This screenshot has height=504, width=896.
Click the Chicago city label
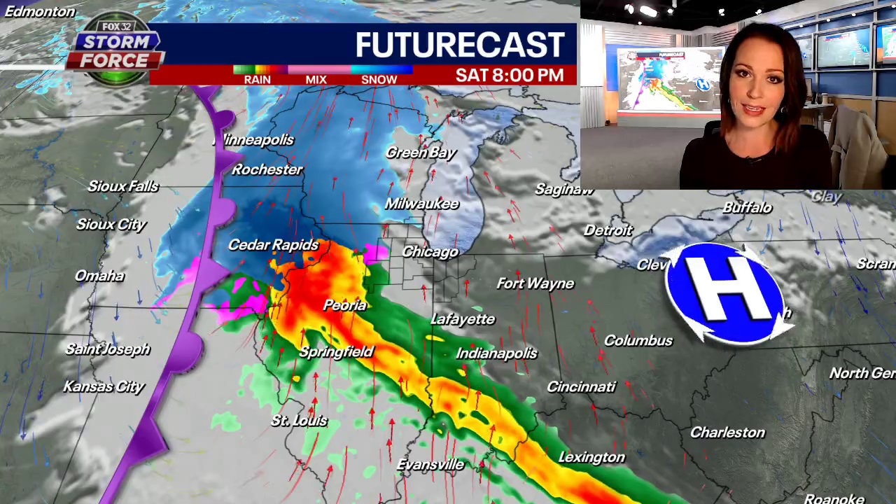click(x=430, y=252)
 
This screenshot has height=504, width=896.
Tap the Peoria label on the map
click(x=345, y=305)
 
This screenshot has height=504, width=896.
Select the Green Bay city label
click(x=421, y=153)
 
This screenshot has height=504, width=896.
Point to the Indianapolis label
click(x=496, y=353)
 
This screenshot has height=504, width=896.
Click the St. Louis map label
click(x=299, y=421)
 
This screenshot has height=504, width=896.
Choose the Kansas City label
click(x=104, y=386)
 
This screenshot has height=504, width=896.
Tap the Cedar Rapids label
click(x=273, y=245)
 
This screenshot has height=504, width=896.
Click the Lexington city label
click(x=591, y=457)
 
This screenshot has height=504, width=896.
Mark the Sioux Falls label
click(x=123, y=186)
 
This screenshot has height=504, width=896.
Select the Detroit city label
click(x=608, y=230)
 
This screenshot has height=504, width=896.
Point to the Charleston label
click(x=727, y=433)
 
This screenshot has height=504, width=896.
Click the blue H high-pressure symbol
click(x=724, y=293)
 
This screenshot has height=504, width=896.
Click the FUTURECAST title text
click(x=460, y=45)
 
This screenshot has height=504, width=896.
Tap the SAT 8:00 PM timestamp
click(x=509, y=76)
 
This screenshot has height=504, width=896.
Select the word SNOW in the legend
click(x=379, y=80)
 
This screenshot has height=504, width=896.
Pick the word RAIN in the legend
click(x=257, y=80)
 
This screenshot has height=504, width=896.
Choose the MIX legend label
click(x=316, y=80)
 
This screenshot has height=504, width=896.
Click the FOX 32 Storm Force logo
click(x=115, y=49)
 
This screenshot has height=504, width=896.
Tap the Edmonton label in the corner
click(x=39, y=11)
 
